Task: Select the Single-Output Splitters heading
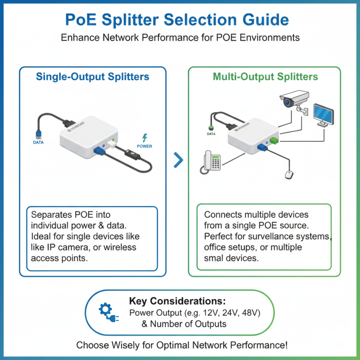92,77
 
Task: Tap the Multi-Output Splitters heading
265,77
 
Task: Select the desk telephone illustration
210,161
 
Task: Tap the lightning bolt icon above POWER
144,138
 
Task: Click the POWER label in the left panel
144,146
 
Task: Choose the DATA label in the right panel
211,134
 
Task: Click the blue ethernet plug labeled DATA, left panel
38,133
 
